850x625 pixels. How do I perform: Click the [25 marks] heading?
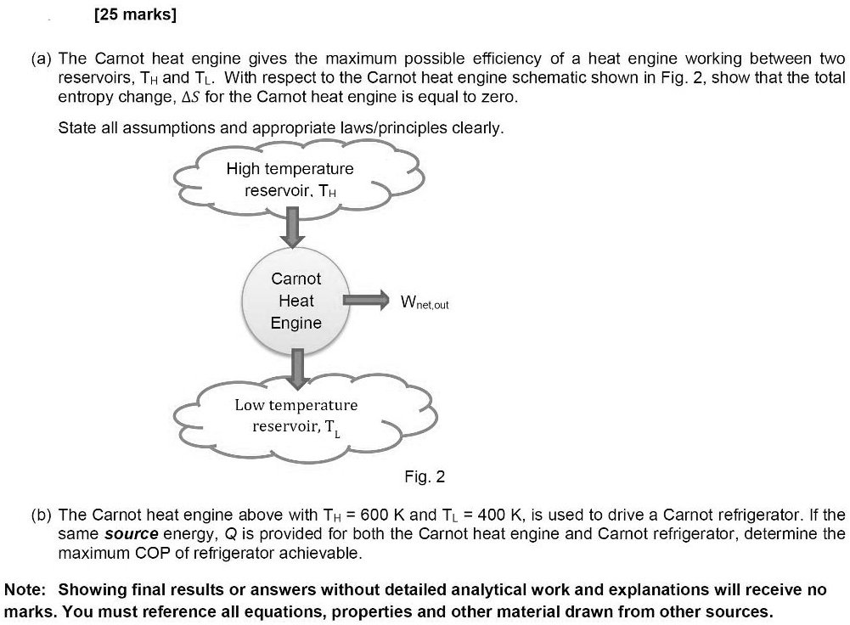click(x=137, y=16)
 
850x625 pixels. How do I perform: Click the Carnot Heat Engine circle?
click(x=296, y=301)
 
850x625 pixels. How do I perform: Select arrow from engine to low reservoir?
click(x=296, y=367)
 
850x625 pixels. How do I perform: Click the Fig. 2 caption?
click(x=425, y=477)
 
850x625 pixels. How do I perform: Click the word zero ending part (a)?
click(x=498, y=98)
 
